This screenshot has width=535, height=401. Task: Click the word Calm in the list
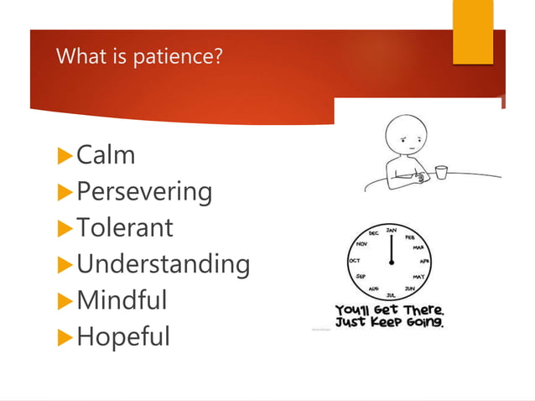[x=106, y=155]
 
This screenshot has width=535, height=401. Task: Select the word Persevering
[x=144, y=192]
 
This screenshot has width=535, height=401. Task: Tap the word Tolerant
[x=125, y=227]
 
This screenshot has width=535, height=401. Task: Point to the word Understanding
[x=164, y=264]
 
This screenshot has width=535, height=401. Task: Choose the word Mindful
[x=122, y=299]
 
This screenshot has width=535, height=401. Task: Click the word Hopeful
[x=123, y=336]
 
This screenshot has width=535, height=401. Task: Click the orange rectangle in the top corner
[x=473, y=31]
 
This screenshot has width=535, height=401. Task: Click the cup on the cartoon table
[x=441, y=173]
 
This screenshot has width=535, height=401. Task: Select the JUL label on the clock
[x=390, y=294]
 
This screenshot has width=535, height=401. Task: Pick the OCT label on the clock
[x=355, y=261]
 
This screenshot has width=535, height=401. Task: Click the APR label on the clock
[x=423, y=261]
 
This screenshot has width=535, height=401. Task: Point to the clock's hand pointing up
[x=390, y=247]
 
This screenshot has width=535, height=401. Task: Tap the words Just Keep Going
[x=389, y=321]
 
